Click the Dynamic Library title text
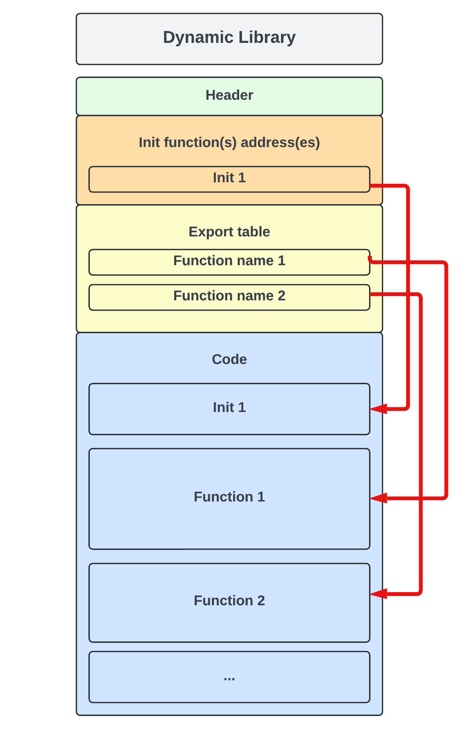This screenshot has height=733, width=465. point(229,37)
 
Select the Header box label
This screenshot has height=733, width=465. point(229,95)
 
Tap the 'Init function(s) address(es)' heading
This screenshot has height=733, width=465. point(229,142)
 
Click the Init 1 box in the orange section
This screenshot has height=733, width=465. point(229,179)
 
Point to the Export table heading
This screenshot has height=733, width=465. point(229,232)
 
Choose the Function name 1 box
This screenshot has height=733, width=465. point(229,262)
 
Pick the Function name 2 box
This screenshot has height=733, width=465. point(229,297)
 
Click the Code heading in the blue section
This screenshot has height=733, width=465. point(229,359)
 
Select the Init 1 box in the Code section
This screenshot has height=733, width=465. point(229,408)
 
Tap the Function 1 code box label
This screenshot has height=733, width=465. point(229,497)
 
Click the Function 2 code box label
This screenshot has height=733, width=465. point(229,601)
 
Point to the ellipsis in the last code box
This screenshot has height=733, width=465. point(229,678)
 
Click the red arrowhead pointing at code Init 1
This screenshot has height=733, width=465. point(378,409)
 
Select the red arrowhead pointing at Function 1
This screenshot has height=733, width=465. point(378,498)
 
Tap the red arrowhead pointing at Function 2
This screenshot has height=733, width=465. point(378,594)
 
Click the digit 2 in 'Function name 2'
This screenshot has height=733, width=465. point(281,296)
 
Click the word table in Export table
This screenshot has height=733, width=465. point(253,232)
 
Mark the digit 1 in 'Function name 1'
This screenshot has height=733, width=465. point(281,261)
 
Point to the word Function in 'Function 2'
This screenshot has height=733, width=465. point(223,601)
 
